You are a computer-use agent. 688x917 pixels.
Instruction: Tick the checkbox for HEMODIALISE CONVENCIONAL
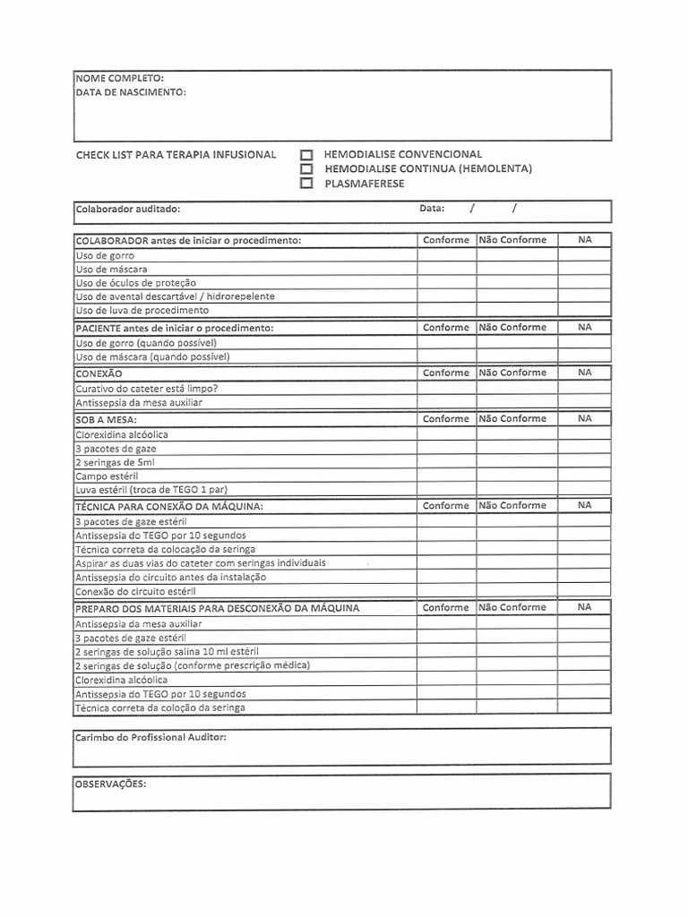(x=306, y=155)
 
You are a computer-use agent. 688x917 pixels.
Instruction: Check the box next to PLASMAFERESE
(x=306, y=184)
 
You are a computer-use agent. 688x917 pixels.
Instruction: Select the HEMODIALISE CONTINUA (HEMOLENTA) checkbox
(x=306, y=169)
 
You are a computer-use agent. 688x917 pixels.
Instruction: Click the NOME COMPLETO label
(x=119, y=79)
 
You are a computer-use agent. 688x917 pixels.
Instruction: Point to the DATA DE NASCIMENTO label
(x=131, y=92)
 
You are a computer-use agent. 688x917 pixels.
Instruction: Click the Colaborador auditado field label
(x=128, y=209)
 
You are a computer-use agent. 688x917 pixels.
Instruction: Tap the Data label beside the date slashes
(x=432, y=209)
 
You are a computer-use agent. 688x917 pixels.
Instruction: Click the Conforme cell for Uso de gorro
(x=446, y=255)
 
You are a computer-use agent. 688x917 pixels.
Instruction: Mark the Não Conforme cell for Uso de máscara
(x=517, y=269)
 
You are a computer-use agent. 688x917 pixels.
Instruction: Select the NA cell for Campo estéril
(x=584, y=476)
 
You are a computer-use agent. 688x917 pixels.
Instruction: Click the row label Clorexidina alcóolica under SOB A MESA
(x=122, y=434)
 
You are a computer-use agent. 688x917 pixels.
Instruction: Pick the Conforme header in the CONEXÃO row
(x=446, y=373)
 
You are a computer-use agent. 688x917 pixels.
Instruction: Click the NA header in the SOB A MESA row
(x=584, y=418)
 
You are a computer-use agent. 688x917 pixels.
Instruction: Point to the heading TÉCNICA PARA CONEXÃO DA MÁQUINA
(x=169, y=506)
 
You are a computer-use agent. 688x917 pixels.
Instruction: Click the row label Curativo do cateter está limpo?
(x=146, y=389)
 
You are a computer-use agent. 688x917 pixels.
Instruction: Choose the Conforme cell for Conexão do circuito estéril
(x=446, y=591)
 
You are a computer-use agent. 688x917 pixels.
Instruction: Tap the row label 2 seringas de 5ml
(x=115, y=462)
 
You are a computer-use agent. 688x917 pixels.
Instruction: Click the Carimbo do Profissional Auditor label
(x=150, y=737)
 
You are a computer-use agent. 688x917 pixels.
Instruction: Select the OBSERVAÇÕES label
(x=111, y=783)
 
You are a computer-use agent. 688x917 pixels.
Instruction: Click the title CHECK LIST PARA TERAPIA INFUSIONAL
(x=176, y=155)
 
